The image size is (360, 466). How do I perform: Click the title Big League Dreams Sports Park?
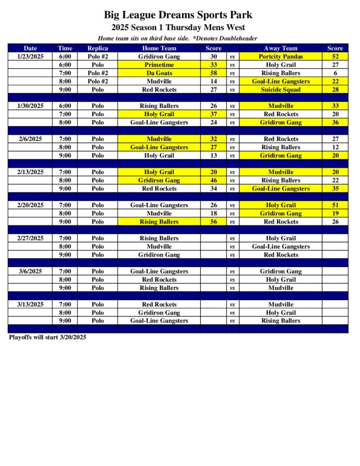point(178,15)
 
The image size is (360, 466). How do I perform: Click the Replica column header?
point(97,48)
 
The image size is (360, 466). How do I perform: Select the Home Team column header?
point(159,48)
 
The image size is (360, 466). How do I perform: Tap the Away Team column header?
point(280,48)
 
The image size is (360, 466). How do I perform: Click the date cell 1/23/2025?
point(30,57)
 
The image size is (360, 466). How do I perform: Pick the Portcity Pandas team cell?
point(280,57)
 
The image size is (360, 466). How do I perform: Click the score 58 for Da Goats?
point(213,73)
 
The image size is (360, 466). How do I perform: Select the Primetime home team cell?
point(159,65)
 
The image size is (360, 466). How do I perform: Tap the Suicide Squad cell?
point(280,90)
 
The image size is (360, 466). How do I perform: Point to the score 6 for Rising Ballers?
point(335,73)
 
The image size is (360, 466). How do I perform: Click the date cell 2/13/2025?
point(30,172)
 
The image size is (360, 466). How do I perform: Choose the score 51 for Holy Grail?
point(335,205)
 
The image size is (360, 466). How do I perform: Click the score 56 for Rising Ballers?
point(213,222)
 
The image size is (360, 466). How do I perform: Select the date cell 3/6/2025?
point(30,271)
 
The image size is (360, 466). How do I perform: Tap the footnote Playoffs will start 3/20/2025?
point(47,338)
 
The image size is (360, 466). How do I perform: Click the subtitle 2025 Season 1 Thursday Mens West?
point(178,27)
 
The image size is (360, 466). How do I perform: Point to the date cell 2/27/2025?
point(30,238)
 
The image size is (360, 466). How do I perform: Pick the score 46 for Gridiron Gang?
point(213,180)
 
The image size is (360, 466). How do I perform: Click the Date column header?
point(30,48)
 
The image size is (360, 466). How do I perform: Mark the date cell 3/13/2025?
point(30,304)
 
